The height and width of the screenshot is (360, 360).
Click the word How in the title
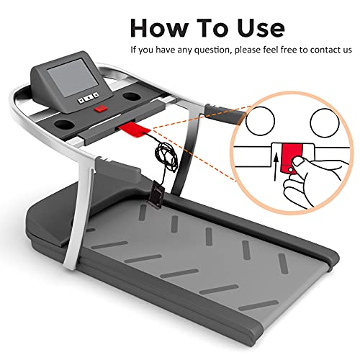tap(158, 27)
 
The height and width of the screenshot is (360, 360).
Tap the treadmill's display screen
tap(73, 77)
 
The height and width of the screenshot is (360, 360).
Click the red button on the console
tap(101, 109)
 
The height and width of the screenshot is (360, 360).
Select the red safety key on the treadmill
tap(135, 129)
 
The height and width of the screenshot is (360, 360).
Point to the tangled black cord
tap(166, 157)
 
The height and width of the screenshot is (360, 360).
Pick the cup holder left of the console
tap(64, 124)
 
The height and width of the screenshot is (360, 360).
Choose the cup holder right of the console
tap(133, 96)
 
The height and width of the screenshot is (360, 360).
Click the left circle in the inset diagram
tap(260, 121)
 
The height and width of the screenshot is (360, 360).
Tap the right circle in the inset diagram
tap(325, 122)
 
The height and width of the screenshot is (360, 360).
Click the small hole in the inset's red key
tap(290, 170)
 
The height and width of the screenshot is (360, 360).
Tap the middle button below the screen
tap(89, 98)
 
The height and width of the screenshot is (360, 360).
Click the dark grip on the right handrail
tap(225, 114)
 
